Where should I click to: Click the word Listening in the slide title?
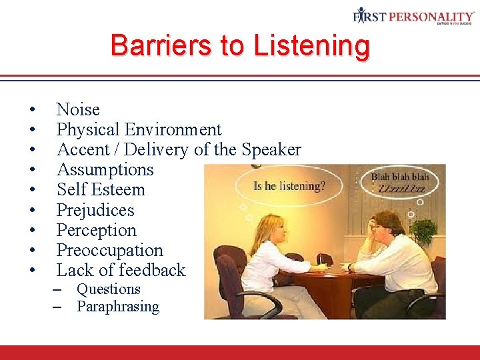coord(311,46)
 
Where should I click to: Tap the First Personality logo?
coord(413,17)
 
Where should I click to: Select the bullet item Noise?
coord(78,109)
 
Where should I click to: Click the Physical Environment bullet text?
coord(139,129)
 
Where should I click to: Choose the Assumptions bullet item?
coord(105,169)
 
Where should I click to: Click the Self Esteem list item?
coord(101,189)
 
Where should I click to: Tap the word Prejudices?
coord(95,210)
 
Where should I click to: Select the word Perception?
coord(96,230)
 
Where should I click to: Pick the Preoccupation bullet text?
coord(109,250)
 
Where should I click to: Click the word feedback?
coord(153,270)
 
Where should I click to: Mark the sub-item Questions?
coord(109,289)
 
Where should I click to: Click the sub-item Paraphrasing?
coord(118,307)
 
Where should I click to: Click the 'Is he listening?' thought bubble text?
coord(289,185)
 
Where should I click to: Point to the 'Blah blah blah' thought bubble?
coord(400,182)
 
